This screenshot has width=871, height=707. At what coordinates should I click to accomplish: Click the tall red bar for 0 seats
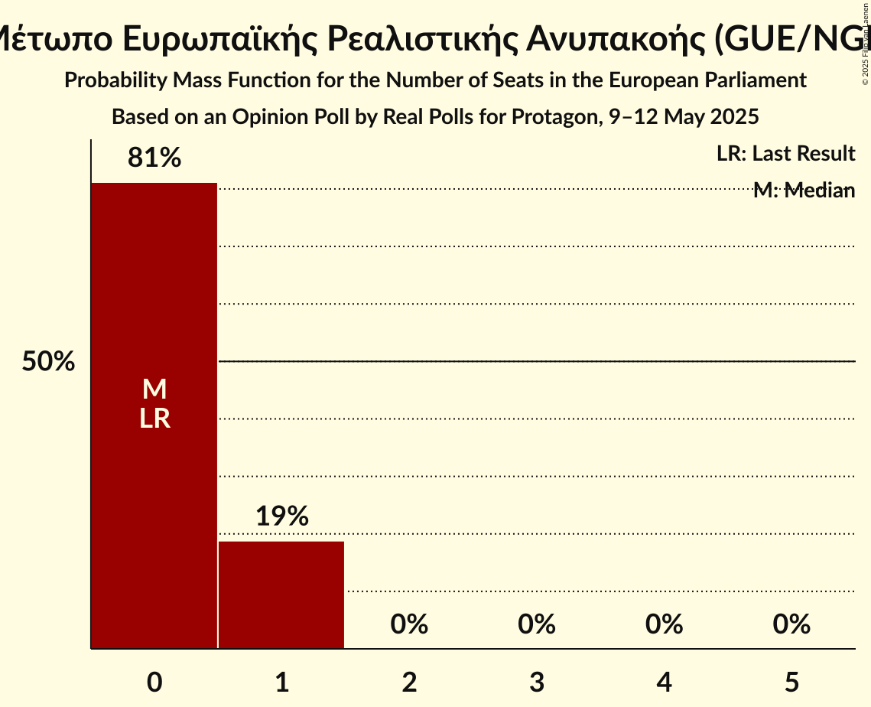pos(154,497)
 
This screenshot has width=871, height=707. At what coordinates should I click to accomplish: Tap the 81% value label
pos(154,158)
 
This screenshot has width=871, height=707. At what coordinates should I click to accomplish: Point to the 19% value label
pos(281,516)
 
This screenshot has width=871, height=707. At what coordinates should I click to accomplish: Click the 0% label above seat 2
pos(409,624)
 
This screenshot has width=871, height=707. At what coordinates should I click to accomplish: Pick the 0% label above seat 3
pos(537,624)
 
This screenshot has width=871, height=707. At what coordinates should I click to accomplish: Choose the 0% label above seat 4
pos(664,624)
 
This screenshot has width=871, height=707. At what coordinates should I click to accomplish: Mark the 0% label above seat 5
pos(791,624)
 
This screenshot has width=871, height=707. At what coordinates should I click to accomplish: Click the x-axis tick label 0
pos(154,682)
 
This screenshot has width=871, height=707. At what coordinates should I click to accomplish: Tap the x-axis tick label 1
pos(281,682)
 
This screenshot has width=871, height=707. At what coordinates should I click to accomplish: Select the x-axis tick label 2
pos(409,682)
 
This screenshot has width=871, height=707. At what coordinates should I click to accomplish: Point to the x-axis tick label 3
pos(537,682)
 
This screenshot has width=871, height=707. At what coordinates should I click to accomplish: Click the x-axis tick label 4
pos(664,682)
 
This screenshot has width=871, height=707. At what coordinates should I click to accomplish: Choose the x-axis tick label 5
pos(791,682)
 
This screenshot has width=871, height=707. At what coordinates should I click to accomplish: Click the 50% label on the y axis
pos(48,362)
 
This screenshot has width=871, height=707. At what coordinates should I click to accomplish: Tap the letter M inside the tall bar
pos(154,390)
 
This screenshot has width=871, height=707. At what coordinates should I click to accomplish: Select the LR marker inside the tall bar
pos(154,419)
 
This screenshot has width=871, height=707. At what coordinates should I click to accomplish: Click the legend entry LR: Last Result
pos(785,154)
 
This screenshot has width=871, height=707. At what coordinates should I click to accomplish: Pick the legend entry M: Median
pos(804,191)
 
